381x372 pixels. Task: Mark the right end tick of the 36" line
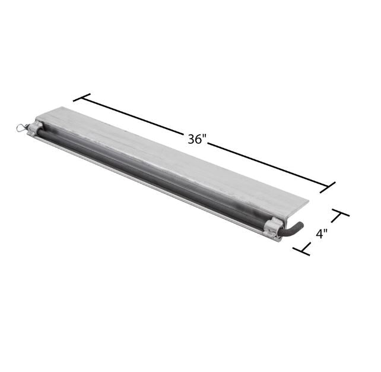pyautogui.click(x=329, y=188)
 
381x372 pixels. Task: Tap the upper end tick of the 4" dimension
pyautogui.click(x=340, y=214)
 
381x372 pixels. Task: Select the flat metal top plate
pyautogui.click(x=178, y=157)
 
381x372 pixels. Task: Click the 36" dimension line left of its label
pyautogui.click(x=136, y=116)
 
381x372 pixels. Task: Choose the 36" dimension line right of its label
pyautogui.click(x=267, y=165)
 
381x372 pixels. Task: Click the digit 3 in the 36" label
pyautogui.click(x=192, y=140)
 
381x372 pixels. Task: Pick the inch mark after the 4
pyautogui.click(x=327, y=231)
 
